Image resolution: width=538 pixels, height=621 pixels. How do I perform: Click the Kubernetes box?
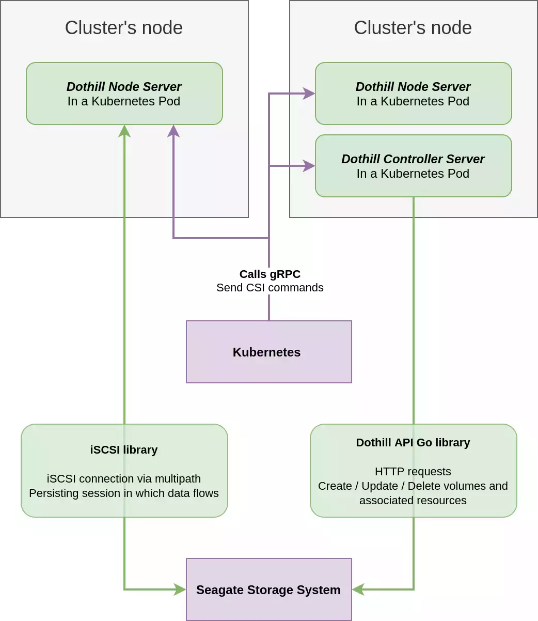[268, 352]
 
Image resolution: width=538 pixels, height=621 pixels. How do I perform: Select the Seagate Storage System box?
[268, 589]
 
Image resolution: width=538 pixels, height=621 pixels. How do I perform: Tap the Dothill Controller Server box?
[414, 166]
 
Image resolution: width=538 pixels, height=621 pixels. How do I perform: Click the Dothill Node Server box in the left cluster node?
[124, 94]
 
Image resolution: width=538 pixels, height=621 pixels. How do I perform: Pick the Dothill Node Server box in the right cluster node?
[414, 94]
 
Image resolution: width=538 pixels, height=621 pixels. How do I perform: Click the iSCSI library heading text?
[124, 450]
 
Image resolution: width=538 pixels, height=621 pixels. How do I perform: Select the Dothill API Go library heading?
[413, 443]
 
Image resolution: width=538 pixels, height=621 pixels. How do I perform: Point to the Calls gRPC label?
[270, 274]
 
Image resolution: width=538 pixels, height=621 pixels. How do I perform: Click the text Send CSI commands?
[270, 288]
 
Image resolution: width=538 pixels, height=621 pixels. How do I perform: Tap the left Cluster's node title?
[124, 27]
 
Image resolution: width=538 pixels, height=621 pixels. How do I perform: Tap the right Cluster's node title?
[413, 27]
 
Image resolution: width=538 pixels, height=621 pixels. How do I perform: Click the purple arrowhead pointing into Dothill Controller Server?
[309, 166]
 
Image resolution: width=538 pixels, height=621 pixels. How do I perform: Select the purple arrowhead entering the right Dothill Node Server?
[309, 94]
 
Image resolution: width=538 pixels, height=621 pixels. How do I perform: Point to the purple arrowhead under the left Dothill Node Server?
[173, 131]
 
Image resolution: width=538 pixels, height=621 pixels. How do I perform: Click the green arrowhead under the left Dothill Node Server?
[124, 131]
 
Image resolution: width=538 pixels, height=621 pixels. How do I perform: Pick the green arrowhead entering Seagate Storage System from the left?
[180, 589]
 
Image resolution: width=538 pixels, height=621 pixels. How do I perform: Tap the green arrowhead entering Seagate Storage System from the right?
[358, 589]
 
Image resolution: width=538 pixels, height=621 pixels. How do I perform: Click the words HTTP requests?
[413, 471]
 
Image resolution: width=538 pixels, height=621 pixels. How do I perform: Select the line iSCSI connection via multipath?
[124, 478]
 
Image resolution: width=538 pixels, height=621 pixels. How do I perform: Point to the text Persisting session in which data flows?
[124, 493]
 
